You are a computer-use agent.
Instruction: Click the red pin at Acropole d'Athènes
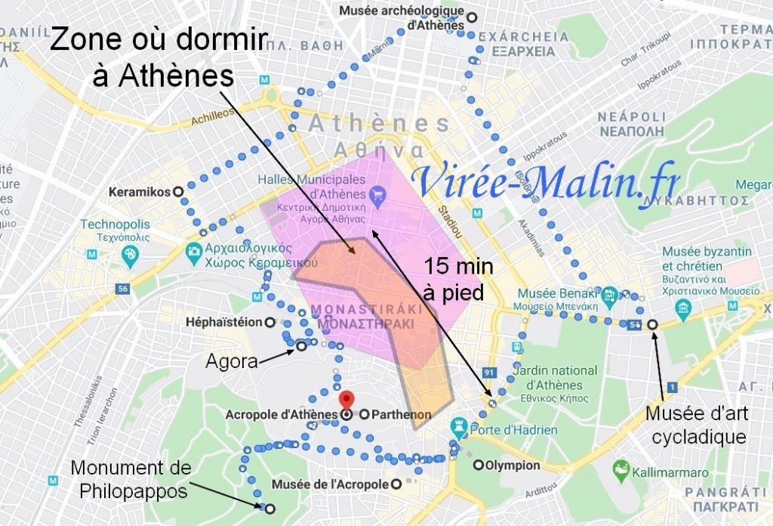[346, 401]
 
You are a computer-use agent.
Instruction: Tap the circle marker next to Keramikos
[178, 192]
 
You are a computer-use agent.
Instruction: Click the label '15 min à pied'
[454, 279]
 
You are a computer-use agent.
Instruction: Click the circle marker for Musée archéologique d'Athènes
[473, 17]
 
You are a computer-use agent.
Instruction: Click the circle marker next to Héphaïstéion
[269, 323]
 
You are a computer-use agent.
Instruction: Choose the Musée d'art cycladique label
[696, 425]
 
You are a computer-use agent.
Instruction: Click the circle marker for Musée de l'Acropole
[395, 484]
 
